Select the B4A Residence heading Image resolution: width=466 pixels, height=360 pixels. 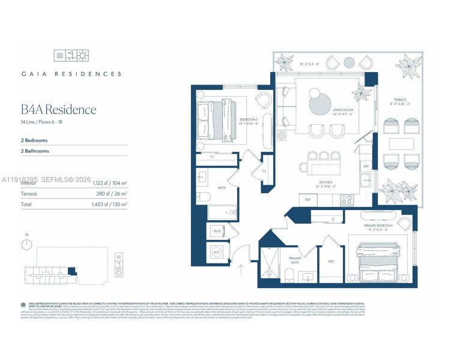tap(58, 110)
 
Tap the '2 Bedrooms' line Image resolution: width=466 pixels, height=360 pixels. tap(34, 140)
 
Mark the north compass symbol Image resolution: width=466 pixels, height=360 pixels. tap(27, 244)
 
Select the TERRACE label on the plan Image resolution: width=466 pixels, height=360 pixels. tap(400, 100)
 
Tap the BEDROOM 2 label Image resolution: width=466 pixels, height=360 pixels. tap(248, 120)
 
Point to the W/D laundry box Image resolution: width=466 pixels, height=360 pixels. tap(217, 231)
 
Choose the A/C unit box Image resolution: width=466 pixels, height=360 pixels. tap(217, 253)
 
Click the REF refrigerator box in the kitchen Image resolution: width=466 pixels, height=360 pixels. tap(308, 200)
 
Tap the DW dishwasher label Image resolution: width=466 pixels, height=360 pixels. tap(366, 167)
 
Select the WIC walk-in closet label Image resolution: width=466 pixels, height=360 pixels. tap(331, 262)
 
